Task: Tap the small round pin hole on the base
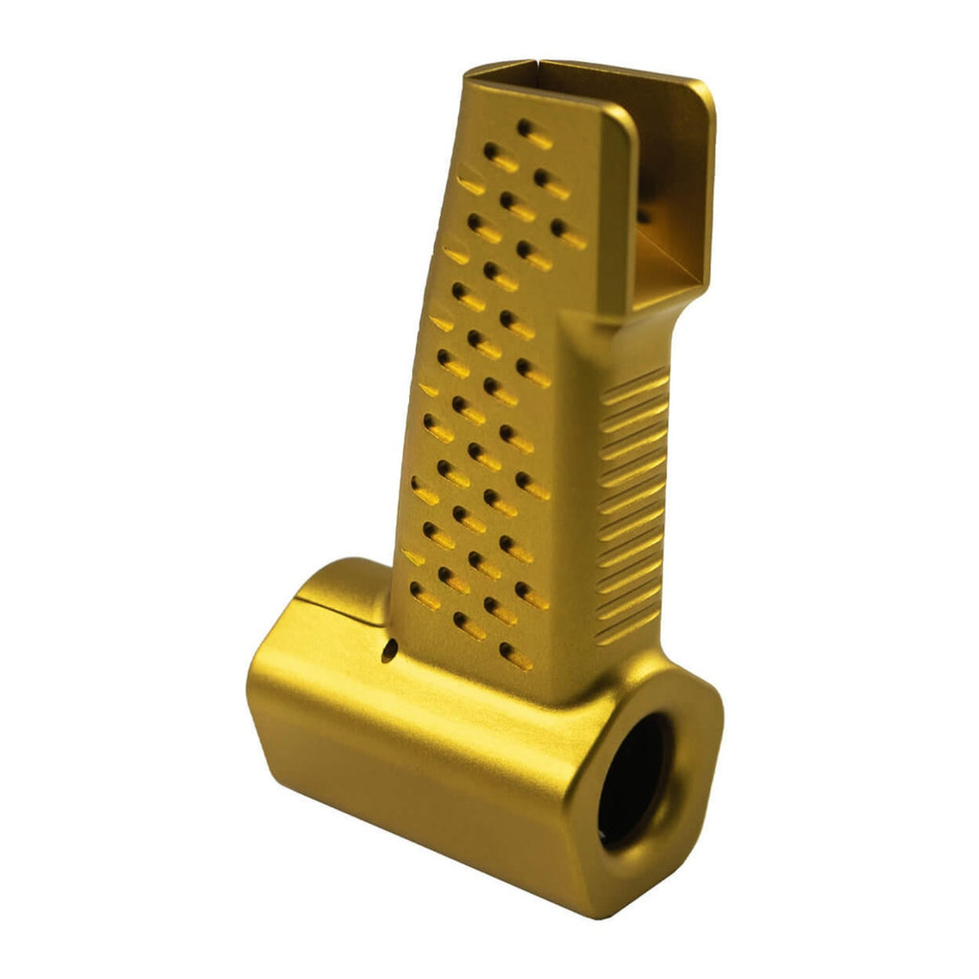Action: click(387, 653)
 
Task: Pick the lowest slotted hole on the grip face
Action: click(515, 657)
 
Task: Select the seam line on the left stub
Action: click(330, 602)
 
